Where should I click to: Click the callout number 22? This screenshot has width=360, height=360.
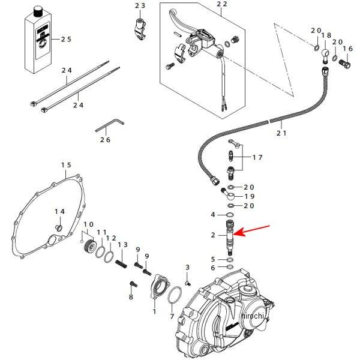point(222,4)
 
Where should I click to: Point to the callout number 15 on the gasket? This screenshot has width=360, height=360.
point(66,165)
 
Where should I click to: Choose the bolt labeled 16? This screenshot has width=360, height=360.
point(346,62)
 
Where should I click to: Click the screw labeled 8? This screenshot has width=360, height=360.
point(133,284)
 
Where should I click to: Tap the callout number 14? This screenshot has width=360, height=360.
point(59,212)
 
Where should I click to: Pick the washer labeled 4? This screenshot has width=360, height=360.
point(230,215)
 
